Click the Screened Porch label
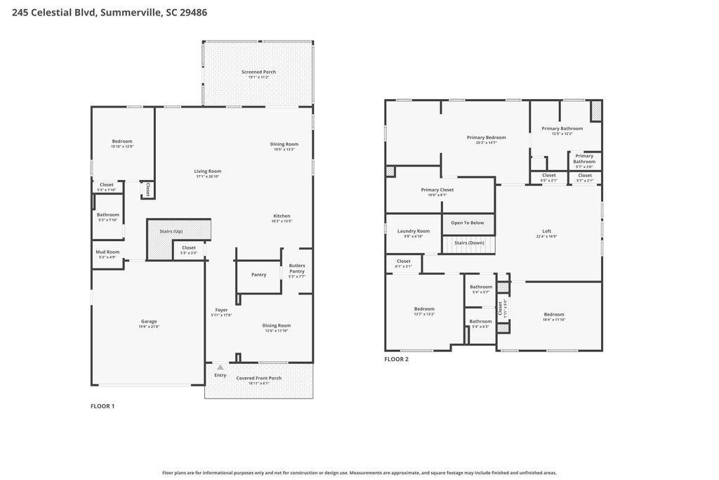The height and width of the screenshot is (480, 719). tap(258, 72)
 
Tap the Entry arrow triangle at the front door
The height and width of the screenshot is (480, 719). tap(220, 367)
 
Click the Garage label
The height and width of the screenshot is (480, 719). tap(149, 321)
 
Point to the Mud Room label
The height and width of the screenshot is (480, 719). tap(108, 252)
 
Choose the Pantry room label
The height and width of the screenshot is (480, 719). tap(258, 275)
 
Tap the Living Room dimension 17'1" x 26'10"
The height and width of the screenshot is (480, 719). tap(208, 176)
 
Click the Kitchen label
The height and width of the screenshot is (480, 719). tap(281, 216)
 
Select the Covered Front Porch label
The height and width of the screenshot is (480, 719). tap(258, 378)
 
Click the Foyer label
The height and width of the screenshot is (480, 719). tap(221, 310)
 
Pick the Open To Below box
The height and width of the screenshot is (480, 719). tap(468, 223)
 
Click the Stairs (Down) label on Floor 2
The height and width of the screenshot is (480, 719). tap(469, 242)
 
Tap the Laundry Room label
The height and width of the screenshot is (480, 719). tap(414, 231)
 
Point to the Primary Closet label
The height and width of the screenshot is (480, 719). tap(437, 190)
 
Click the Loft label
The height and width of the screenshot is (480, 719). tap(547, 231)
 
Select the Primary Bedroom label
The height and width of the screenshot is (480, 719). tap(486, 138)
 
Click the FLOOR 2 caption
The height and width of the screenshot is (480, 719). tap(396, 359)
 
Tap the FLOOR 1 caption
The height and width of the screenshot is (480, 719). tap(103, 406)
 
